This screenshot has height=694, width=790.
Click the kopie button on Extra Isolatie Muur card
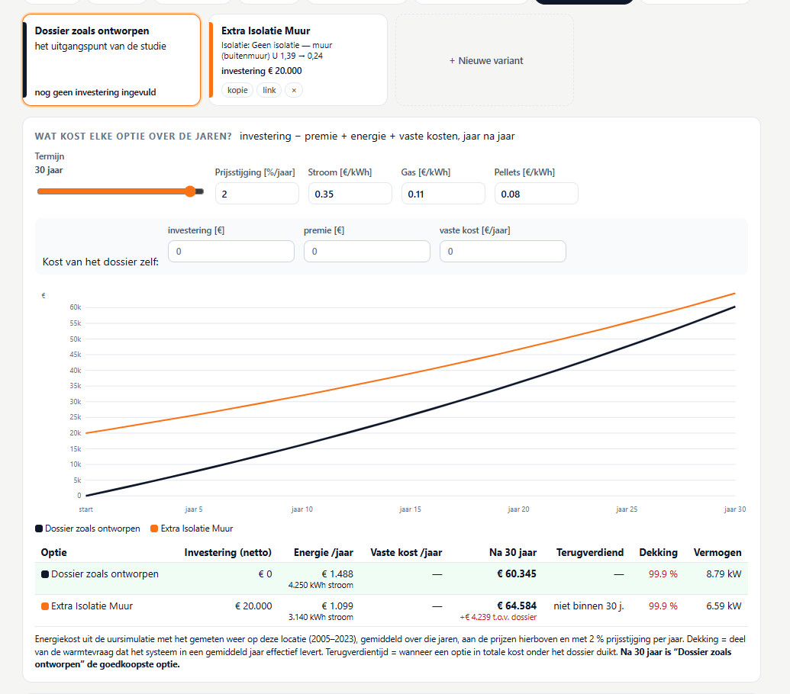[237, 90]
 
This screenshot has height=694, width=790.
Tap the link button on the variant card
[269, 90]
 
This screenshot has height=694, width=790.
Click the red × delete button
[294, 90]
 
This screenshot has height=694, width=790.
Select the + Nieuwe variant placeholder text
[486, 60]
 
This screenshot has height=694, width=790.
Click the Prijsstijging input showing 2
[257, 194]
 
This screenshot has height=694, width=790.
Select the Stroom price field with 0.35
[350, 194]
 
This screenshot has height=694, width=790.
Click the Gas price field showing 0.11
[443, 194]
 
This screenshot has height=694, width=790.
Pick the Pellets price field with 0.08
[536, 194]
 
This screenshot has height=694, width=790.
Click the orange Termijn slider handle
[190, 191]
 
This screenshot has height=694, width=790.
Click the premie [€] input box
[367, 251]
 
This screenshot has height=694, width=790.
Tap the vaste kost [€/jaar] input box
[503, 251]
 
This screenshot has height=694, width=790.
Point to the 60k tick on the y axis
[76, 307]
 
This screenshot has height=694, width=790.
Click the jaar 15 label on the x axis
[410, 509]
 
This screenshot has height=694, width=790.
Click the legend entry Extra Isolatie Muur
[192, 529]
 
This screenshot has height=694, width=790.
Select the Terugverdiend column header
[590, 552]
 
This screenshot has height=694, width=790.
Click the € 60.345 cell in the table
[517, 574]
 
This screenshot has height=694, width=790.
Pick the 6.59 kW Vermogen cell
[724, 606]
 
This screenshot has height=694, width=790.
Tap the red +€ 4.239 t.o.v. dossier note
[498, 617]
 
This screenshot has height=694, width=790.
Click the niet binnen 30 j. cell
[588, 606]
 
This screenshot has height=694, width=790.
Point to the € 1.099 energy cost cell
[337, 606]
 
